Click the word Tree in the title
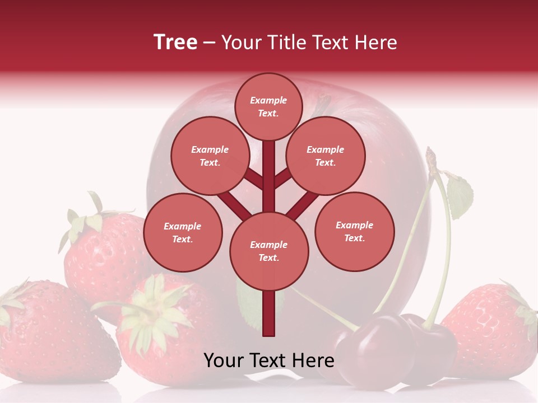point(175,43)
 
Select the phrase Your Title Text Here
point(309,43)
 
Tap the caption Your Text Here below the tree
point(268,360)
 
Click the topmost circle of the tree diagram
point(268,106)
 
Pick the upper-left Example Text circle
point(210,156)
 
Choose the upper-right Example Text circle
point(325,156)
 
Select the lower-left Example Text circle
point(183,232)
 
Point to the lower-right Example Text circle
point(354,231)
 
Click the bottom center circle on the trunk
point(269,251)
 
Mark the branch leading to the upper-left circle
point(252,179)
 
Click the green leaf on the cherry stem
point(460,196)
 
